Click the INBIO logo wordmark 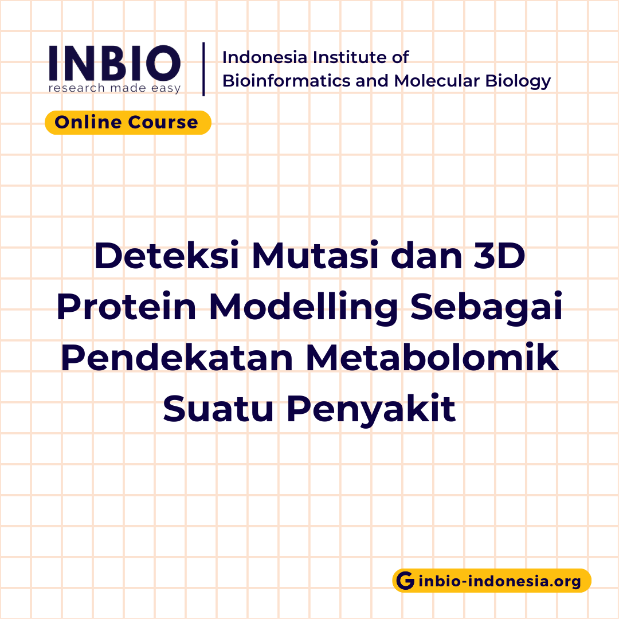coord(115,62)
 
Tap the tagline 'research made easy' coord(115,88)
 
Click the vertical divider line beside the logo coord(204,69)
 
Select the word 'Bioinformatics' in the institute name coord(287,81)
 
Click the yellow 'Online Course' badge coord(128,123)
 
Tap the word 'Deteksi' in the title coord(167,257)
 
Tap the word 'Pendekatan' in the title coord(175,358)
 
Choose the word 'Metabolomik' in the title coord(432,358)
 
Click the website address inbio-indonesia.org coord(500,581)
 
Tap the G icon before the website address coord(406,581)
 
